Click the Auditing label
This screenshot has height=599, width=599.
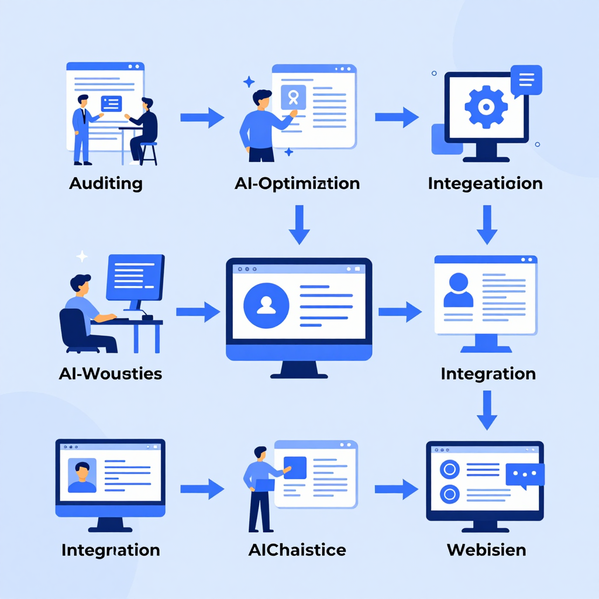[106, 183]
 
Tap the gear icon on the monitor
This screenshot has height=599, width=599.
[485, 105]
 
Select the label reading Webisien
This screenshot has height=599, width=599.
[486, 550]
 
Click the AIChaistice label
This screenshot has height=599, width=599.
[297, 550]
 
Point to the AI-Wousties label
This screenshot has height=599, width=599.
[111, 373]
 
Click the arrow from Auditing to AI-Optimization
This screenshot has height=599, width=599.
[202, 118]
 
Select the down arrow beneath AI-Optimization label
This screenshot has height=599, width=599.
[299, 224]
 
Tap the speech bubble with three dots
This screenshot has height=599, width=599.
[525, 474]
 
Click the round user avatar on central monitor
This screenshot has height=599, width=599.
[266, 304]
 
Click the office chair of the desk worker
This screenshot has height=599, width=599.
[75, 331]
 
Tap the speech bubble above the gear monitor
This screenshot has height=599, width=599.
[526, 80]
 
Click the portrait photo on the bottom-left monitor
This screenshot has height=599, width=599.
[82, 475]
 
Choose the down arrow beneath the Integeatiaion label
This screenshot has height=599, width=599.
[487, 224]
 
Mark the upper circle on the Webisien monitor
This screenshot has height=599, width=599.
[449, 469]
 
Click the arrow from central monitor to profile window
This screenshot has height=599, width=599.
[400, 312]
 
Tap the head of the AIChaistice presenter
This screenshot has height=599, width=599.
[260, 454]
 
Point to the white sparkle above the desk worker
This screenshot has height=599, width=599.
[82, 256]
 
